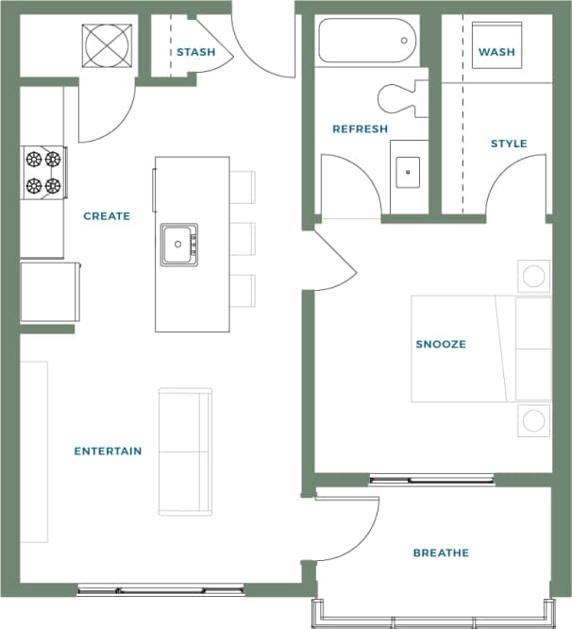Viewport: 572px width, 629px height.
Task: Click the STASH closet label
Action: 195,52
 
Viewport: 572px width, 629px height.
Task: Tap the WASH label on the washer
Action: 496,52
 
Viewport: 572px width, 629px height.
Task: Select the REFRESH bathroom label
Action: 360,128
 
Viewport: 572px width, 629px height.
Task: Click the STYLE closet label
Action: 508,144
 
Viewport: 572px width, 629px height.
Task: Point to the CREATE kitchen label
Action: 107,216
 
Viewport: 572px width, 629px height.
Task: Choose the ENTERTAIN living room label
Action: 108,451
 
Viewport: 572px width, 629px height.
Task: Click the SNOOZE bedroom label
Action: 441,344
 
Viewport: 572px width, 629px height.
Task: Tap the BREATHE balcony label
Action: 441,552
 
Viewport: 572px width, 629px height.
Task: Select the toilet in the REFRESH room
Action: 400,97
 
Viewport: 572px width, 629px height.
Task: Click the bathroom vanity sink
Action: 409,173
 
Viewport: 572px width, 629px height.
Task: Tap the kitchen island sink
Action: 178,245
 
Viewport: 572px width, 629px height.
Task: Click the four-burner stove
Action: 43,173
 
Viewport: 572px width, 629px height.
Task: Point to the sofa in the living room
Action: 186,450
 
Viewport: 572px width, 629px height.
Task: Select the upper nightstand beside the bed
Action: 533,276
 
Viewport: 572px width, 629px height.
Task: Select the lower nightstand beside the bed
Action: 533,419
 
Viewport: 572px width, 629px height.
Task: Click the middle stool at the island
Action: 243,238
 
